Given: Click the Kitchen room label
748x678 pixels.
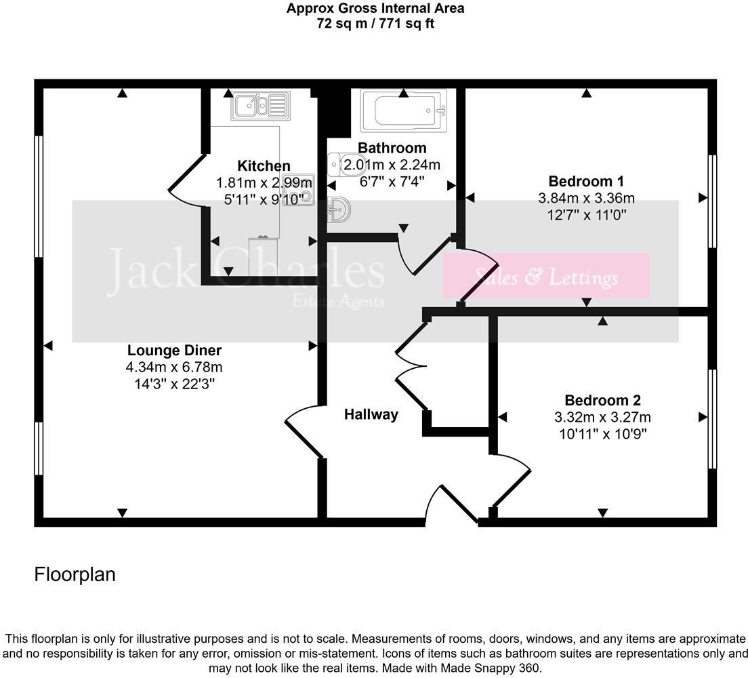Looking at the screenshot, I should pos(264,166).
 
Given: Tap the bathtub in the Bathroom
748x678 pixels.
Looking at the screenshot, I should pos(403,111).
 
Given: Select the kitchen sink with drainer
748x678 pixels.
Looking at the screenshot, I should pos(261,106).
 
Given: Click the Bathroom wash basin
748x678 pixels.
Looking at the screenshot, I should pos(339,210).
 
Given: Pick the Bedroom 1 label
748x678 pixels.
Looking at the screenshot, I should pos(586,182).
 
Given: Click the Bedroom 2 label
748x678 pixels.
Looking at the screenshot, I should pos(602,400).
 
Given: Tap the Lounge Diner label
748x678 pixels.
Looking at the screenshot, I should pos(174,351).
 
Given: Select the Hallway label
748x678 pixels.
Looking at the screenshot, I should pos(371,414).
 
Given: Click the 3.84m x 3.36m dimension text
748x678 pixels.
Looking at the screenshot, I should pos(586,199).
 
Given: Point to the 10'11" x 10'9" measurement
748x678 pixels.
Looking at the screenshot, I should pos(602,434).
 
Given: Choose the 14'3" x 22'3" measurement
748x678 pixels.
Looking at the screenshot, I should pos(174,384).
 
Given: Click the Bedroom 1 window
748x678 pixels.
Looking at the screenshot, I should pos(712,201).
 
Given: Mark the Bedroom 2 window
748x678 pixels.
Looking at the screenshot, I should pos(712,418).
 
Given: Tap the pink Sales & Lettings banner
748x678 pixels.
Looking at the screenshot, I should pos(546,277).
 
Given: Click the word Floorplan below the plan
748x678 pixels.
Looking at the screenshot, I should pos(75,575).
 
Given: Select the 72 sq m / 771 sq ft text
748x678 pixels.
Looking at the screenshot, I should pos(375,24).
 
